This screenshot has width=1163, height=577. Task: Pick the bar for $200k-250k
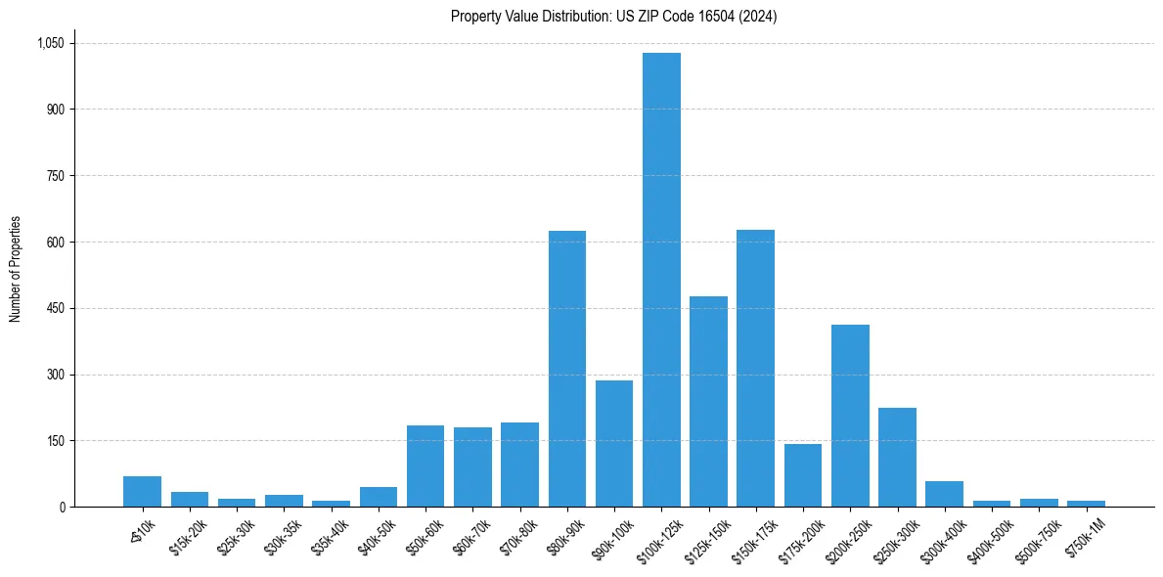pyautogui.click(x=850, y=416)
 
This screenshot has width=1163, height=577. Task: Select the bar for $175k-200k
pyautogui.click(x=803, y=475)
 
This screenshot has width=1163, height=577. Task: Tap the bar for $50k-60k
pyautogui.click(x=425, y=466)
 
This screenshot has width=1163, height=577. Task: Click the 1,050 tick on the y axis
pyautogui.click(x=50, y=43)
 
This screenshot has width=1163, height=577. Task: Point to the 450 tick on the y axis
pyautogui.click(x=55, y=308)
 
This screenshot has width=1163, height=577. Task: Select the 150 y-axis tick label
pyautogui.click(x=55, y=441)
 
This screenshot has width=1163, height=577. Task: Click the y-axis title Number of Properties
pyautogui.click(x=16, y=269)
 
